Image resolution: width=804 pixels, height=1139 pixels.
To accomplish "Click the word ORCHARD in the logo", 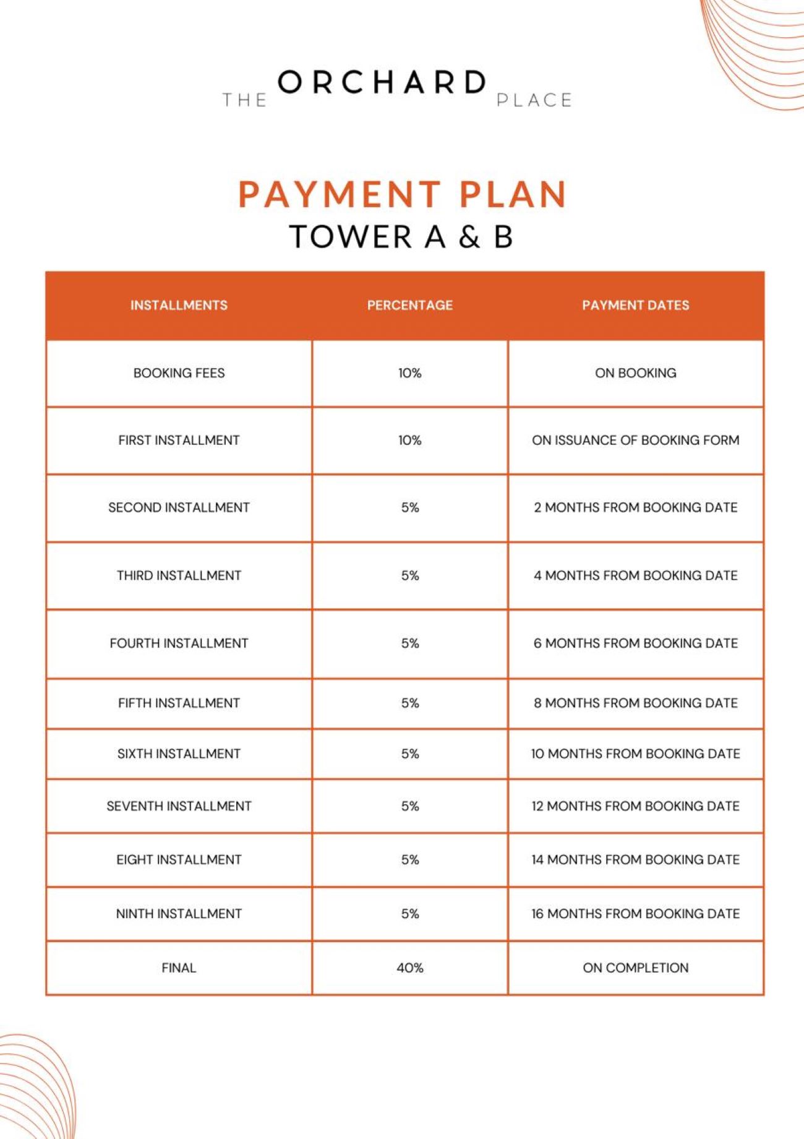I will click(x=382, y=83).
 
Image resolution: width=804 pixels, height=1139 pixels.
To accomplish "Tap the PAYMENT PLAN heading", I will click(x=403, y=194).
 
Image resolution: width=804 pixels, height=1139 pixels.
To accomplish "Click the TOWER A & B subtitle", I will click(x=401, y=237).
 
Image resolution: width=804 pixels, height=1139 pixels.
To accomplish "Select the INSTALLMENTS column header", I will click(x=179, y=305).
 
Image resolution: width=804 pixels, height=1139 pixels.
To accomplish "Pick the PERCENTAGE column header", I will click(x=409, y=305).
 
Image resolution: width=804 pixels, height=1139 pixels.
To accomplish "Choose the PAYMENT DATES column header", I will click(x=635, y=305).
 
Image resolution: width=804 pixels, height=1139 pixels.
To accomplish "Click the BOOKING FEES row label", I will click(x=179, y=373).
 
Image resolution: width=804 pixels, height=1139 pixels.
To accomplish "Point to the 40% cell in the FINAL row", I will click(x=409, y=968).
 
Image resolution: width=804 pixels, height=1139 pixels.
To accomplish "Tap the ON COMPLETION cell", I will click(x=635, y=968).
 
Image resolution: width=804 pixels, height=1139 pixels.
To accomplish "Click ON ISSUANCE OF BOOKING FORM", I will click(x=635, y=440).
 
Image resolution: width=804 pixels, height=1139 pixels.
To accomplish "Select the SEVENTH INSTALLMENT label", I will click(x=179, y=806).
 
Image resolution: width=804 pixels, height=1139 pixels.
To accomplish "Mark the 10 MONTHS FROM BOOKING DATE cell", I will click(x=635, y=754).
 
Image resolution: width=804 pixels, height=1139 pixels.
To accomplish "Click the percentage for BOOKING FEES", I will click(x=409, y=373).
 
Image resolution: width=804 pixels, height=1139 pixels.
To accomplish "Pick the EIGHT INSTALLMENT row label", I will click(x=179, y=859).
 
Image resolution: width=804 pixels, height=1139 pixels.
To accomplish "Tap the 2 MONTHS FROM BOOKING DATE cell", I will click(x=635, y=507).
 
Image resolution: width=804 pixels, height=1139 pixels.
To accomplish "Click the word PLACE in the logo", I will click(x=534, y=100).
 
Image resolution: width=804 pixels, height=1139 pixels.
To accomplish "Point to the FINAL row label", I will click(x=179, y=968).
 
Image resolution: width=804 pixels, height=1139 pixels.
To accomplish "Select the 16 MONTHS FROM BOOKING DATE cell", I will click(x=635, y=914).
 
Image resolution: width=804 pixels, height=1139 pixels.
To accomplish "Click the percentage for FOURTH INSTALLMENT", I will click(x=409, y=643).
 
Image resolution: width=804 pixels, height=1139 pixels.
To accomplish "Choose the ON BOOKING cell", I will click(x=635, y=373).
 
